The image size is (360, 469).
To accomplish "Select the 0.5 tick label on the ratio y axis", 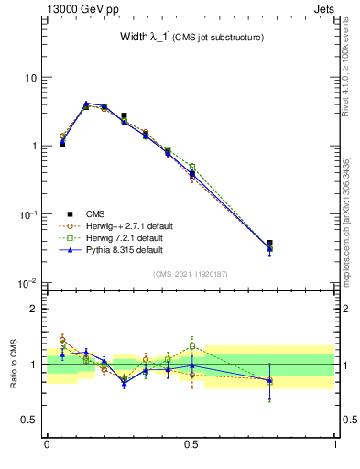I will [x=30, y=420].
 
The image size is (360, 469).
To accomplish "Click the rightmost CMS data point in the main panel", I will [x=268, y=244].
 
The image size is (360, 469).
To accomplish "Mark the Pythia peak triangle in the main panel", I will [x=86, y=104].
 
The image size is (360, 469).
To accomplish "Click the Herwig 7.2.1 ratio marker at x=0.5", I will [x=191, y=345].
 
